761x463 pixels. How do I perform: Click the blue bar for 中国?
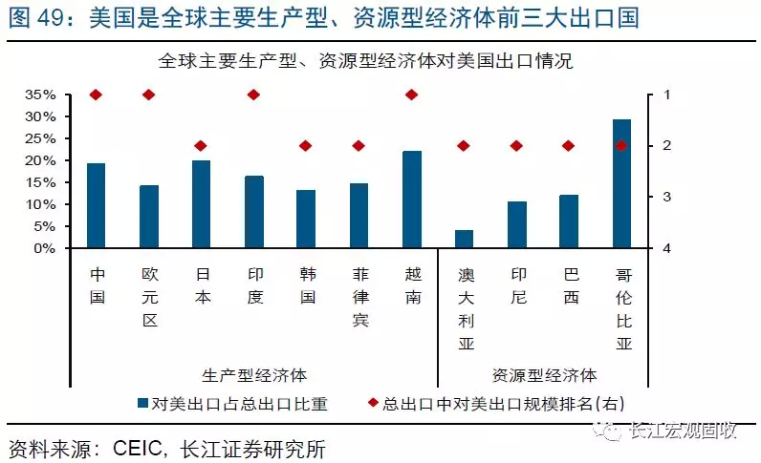tap(96, 205)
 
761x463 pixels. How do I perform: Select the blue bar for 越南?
tap(412, 200)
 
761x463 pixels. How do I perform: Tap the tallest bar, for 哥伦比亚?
tap(621, 183)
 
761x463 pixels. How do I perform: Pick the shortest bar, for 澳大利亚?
tap(464, 239)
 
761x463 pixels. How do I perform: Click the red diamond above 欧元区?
tap(148, 95)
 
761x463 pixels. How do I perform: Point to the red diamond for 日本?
tap(201, 146)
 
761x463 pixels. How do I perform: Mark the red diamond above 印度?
tap(253, 95)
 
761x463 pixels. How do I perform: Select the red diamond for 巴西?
tap(569, 146)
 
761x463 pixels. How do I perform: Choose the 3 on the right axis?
tap(666, 197)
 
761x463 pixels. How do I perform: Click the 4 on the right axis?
tap(666, 248)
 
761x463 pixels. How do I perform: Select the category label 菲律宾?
tap(359, 296)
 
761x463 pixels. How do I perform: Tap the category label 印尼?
tap(517, 284)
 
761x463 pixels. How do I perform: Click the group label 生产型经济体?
tap(254, 374)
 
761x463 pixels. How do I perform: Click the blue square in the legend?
tap(142, 403)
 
